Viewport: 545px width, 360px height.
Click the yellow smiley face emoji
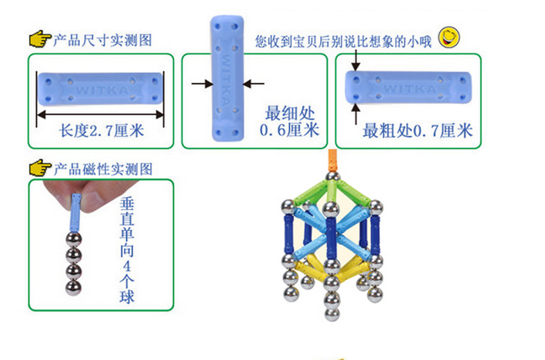coord(448,36)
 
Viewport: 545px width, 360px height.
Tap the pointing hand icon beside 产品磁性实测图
coord(39,170)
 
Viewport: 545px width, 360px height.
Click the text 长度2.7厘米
coord(101,131)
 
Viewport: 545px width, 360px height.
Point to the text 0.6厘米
coord(289,131)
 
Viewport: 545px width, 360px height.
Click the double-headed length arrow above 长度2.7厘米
coord(101,114)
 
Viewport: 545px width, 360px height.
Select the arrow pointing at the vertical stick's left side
coord(201,84)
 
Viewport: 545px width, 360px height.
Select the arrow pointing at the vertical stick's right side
coord(252,84)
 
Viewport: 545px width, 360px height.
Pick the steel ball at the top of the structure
coord(333,179)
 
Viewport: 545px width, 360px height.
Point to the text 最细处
coord(290,114)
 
